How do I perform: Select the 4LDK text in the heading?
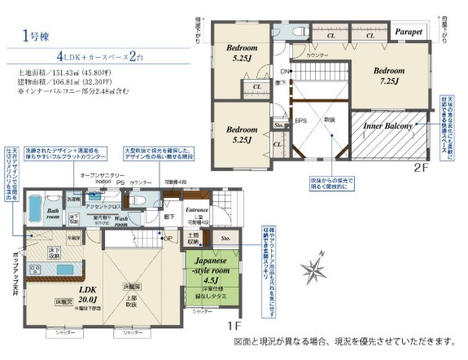(x=72, y=59)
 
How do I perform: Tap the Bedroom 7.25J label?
(x=388, y=76)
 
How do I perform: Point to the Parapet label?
(x=408, y=33)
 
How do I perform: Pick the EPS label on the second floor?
(x=300, y=121)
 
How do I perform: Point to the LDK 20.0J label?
(x=80, y=292)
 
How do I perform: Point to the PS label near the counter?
(x=120, y=183)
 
